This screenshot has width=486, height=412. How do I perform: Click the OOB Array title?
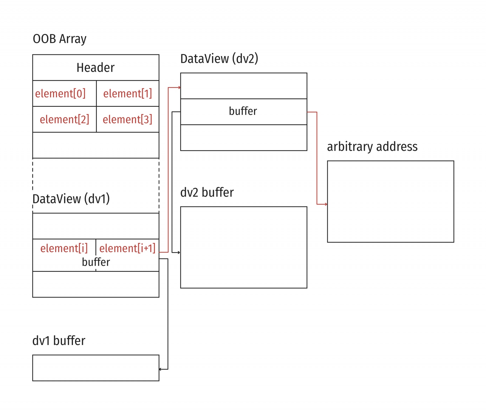[x=60, y=39]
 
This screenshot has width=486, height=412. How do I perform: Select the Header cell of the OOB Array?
[x=96, y=67]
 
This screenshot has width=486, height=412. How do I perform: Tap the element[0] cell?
[x=60, y=93]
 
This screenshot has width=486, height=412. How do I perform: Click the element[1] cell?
[x=128, y=93]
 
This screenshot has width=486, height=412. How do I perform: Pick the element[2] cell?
[x=64, y=119]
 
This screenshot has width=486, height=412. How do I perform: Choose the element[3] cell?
[x=128, y=119]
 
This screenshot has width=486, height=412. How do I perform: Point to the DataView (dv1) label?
[x=71, y=199]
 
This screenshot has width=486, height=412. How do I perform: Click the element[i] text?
[x=64, y=248]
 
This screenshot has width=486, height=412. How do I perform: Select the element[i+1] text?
[x=127, y=248]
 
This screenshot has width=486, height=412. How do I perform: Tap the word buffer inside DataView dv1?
[x=96, y=262]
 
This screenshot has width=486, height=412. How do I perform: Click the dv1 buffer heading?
[x=59, y=341]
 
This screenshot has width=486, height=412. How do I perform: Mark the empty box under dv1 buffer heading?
[x=96, y=368]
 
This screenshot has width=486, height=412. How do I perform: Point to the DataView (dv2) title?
[x=219, y=59]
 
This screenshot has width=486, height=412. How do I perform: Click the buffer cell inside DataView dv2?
[x=243, y=111]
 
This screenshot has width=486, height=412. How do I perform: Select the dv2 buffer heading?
[x=207, y=192]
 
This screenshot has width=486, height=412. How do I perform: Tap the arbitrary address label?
[x=372, y=147]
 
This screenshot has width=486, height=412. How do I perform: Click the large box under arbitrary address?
[x=390, y=201]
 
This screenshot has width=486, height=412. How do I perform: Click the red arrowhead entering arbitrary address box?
[x=326, y=204]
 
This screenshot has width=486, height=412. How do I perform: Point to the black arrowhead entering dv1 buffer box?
[x=161, y=369]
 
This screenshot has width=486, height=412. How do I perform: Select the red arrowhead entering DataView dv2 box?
[x=179, y=88]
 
